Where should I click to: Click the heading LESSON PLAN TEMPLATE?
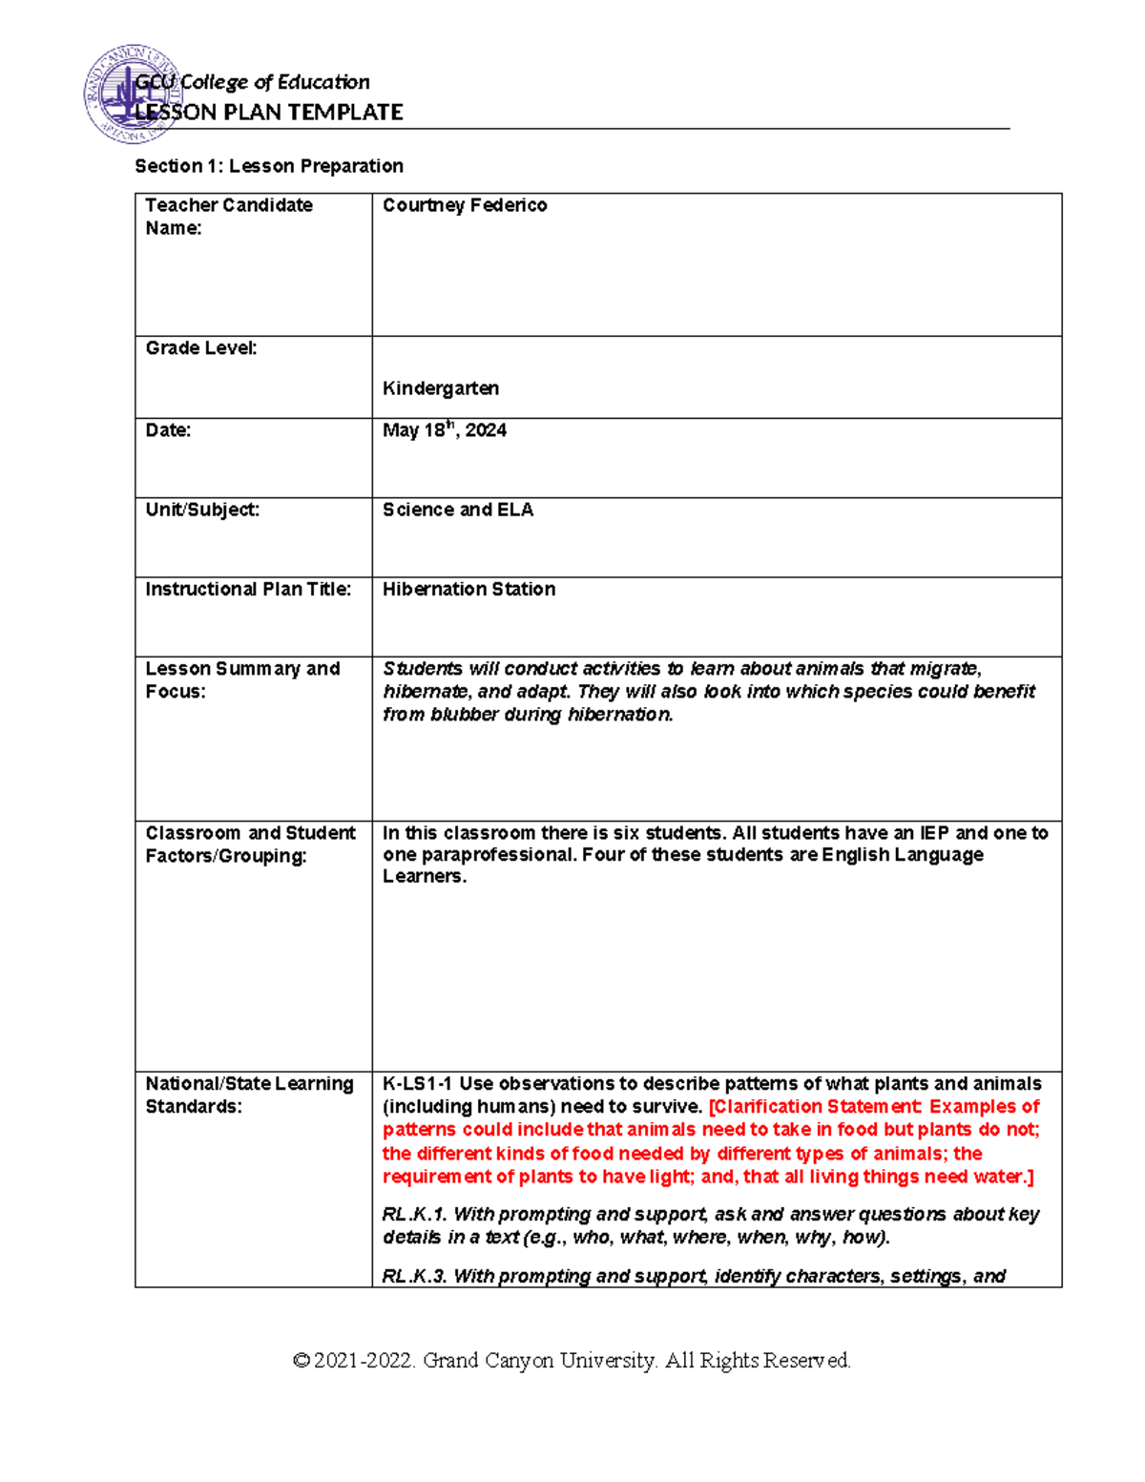[269, 113]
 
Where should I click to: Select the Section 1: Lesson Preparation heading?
[269, 166]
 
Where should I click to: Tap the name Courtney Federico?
[465, 205]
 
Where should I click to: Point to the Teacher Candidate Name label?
[228, 217]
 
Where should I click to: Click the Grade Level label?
[200, 348]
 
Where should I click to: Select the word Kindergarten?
[440, 388]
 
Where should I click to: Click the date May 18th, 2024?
[444, 430]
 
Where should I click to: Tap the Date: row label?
[168, 430]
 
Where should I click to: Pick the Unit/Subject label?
[202, 510]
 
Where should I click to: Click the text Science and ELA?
[458, 510]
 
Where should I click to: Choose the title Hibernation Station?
[468, 590]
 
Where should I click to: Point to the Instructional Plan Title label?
[248, 590]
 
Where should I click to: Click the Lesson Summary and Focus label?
[242, 679]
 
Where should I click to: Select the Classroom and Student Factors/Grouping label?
[250, 845]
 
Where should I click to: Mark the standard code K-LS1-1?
[417, 1084]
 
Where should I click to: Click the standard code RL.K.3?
[414, 1277]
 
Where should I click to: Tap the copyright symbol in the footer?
[302, 1361]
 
